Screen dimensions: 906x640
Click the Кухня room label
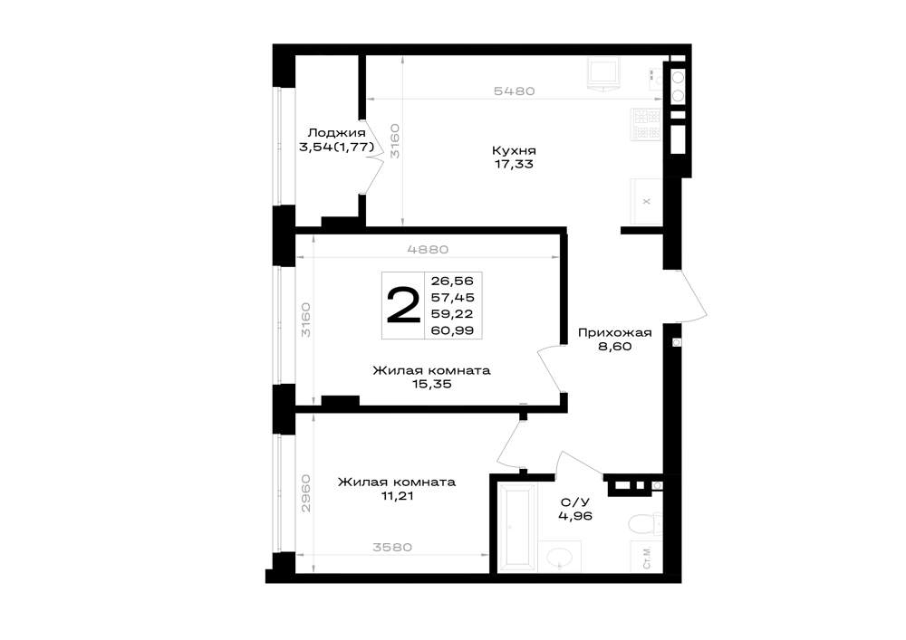pos(514,150)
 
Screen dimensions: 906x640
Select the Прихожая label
pos(615,333)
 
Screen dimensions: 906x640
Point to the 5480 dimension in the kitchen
pos(515,91)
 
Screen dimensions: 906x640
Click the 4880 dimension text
pos(428,250)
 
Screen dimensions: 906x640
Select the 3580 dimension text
pos(391,547)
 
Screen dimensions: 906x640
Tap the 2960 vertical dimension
pos(305,493)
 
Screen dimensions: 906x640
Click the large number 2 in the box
pos(403,306)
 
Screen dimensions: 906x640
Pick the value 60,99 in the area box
pos(452,330)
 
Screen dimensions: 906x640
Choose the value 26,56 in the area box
pos(452,281)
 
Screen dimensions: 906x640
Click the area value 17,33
pos(514,165)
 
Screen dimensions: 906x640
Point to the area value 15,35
pos(431,385)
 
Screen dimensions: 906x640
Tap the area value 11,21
pos(397,496)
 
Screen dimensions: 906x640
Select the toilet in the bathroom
pos(645,524)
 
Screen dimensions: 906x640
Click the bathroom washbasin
pos(559,557)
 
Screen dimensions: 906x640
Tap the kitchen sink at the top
pos(603,74)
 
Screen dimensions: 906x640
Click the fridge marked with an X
pos(646,201)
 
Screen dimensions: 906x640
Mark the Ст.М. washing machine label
pos(647,558)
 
